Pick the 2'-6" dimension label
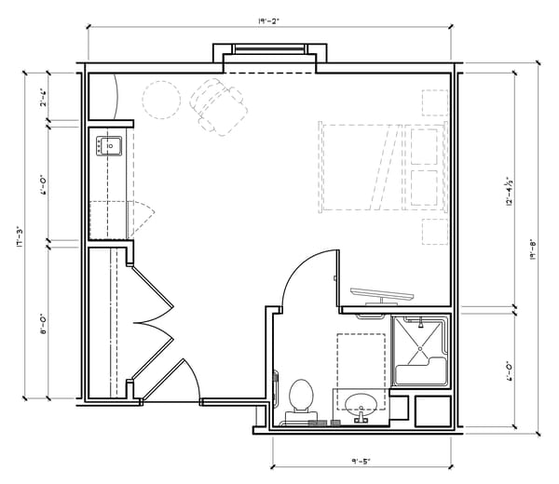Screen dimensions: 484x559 tap(43, 97)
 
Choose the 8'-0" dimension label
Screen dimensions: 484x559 tap(43, 322)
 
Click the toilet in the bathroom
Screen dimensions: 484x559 tap(301, 396)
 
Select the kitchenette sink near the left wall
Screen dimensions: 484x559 tap(108, 147)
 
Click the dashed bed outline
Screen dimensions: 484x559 tap(363, 166)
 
